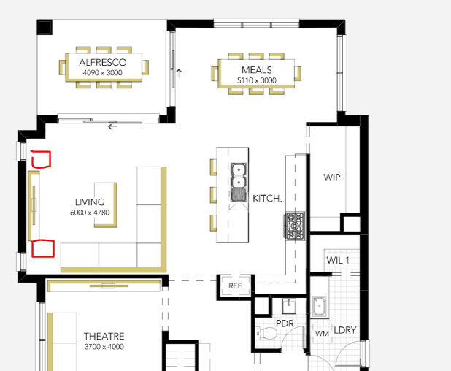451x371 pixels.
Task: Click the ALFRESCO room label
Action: tap(103, 63)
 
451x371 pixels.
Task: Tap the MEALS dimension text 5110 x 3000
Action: tap(257, 80)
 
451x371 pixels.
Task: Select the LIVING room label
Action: tap(90, 202)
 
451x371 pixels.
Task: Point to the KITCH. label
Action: tap(267, 199)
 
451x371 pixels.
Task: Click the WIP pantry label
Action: tap(332, 177)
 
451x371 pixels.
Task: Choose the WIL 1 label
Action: tap(338, 260)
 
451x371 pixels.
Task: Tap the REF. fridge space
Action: tap(236, 286)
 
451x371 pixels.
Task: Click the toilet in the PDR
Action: tap(266, 334)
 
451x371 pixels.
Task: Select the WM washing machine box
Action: tap(322, 333)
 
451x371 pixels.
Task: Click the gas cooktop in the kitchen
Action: tap(295, 226)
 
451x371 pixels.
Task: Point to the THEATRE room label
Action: tap(104, 336)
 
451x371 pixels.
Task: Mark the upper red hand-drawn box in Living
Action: tap(41, 159)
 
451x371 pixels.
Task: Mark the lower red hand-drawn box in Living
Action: tap(43, 248)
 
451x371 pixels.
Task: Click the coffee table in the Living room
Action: tap(106, 205)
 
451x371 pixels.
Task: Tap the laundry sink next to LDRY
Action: tap(319, 307)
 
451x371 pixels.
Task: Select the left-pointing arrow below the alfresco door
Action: tap(112, 126)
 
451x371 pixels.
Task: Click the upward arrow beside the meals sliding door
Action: tap(179, 73)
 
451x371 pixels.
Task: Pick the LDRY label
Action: tap(345, 330)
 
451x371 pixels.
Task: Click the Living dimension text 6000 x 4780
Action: tap(90, 213)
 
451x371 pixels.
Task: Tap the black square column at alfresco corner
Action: tap(45, 27)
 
